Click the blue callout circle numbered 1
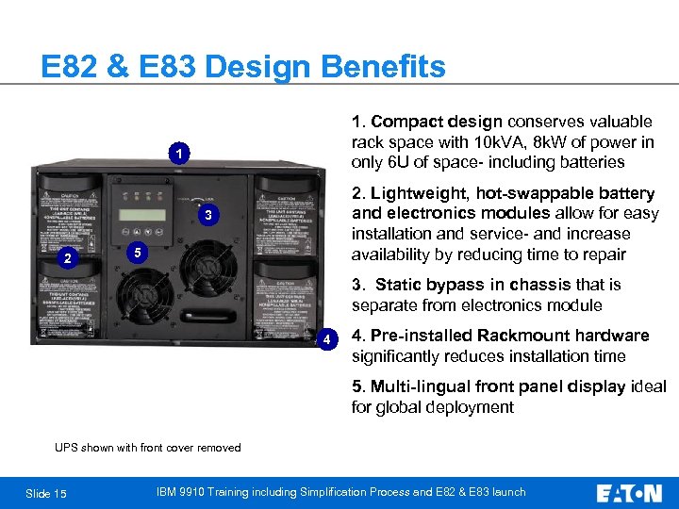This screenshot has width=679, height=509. [x=177, y=153]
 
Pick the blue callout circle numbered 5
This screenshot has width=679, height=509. [x=137, y=253]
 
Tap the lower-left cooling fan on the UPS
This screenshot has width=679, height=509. [x=141, y=288]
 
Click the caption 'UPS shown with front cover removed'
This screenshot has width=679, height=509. [x=147, y=448]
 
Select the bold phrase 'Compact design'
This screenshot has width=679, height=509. [x=438, y=122]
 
